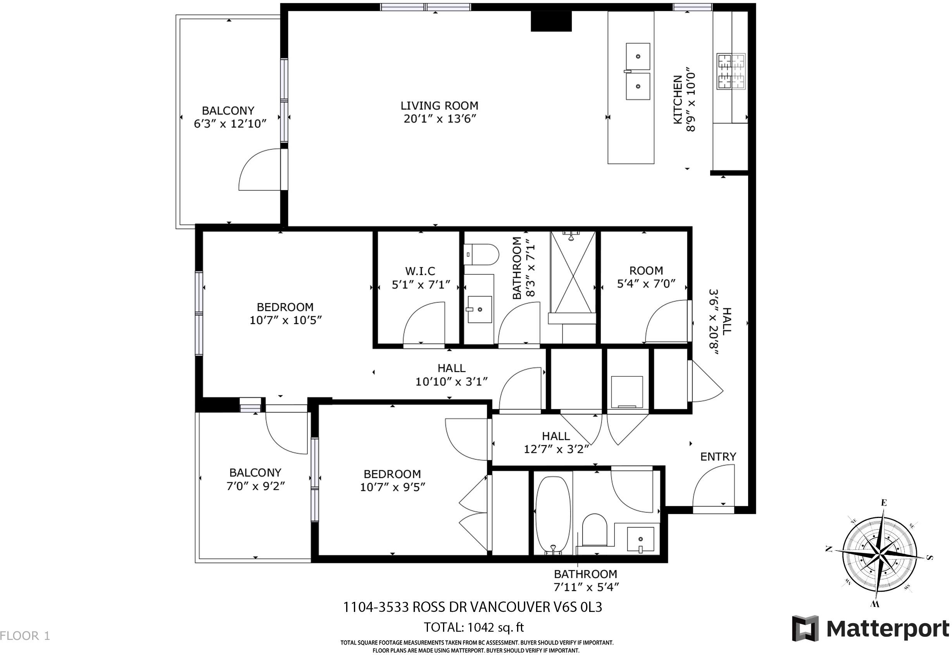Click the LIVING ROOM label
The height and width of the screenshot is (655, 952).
(x=439, y=106)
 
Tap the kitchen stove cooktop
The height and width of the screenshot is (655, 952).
(x=731, y=71)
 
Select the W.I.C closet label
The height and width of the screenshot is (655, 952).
(x=420, y=271)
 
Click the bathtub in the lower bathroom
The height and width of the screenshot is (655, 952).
(x=553, y=515)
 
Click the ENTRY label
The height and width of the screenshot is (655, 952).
(x=718, y=456)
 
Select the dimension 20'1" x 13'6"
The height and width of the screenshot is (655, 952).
(x=440, y=119)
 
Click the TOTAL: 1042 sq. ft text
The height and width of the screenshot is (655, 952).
(x=474, y=627)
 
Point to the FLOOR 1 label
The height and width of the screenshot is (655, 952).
(x=25, y=636)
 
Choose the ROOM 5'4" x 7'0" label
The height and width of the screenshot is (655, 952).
(x=646, y=277)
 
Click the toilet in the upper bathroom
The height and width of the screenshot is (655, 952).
(x=481, y=255)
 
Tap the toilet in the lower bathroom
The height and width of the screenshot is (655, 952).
(x=595, y=530)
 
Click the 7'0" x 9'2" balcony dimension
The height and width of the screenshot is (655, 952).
(x=255, y=486)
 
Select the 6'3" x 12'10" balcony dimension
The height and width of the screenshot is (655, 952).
(x=230, y=123)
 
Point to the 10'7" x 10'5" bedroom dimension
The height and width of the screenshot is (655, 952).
(x=286, y=320)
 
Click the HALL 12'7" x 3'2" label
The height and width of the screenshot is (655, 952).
(x=556, y=442)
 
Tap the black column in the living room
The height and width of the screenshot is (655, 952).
(x=551, y=21)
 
